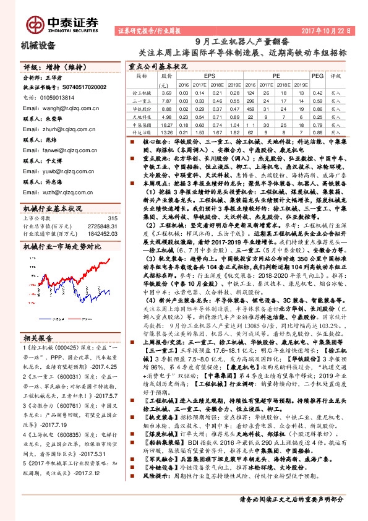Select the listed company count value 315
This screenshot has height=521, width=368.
pyautogui.click(x=113, y=200)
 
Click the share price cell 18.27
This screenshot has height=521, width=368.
pyautogui.click(x=166, y=124)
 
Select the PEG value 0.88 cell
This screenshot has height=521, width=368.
pyautogui.click(x=317, y=132)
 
